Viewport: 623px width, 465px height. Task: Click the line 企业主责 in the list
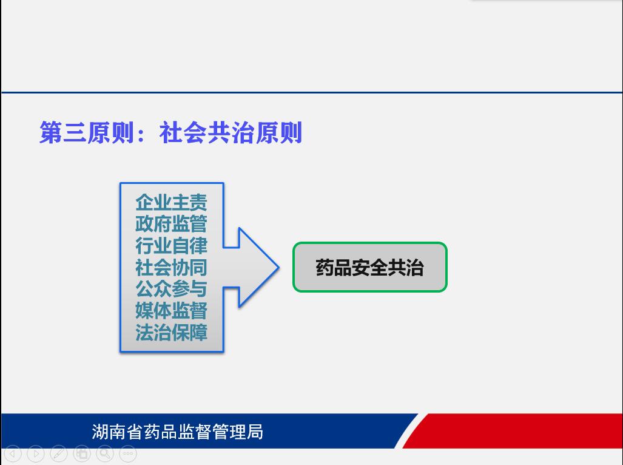(171, 202)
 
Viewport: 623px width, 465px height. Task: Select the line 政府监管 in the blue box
(171, 224)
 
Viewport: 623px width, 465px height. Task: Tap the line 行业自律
(171, 246)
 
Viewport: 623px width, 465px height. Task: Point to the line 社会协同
(171, 267)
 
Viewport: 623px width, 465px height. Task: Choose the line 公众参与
(171, 288)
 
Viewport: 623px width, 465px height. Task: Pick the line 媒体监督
(171, 310)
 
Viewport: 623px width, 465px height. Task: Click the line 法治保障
(171, 332)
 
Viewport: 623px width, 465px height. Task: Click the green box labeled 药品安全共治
(370, 267)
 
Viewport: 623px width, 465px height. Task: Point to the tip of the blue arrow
(279, 267)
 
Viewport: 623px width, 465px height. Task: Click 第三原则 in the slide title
(87, 133)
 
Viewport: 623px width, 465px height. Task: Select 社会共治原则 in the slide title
(231, 133)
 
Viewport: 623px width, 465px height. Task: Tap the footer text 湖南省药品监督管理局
(177, 432)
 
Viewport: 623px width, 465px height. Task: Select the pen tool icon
(59, 453)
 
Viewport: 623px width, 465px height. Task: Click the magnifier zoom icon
(105, 453)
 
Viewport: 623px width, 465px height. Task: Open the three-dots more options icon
(128, 453)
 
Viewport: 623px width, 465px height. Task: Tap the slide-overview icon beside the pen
(82, 453)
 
